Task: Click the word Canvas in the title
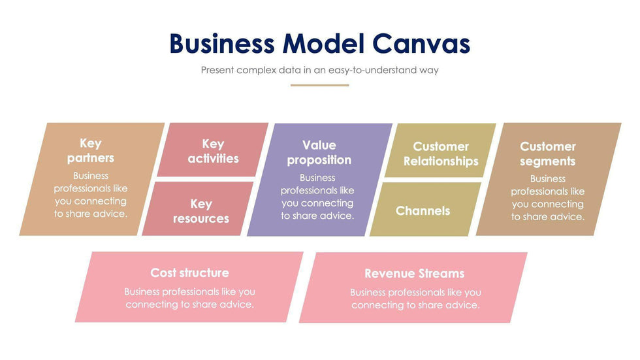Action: point(421,44)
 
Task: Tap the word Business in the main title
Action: point(222,44)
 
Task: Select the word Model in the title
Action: point(323,44)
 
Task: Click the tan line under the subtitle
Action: point(319,85)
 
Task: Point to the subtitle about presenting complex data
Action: point(319,70)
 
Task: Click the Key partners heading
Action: point(91,150)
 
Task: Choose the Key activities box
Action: point(213,151)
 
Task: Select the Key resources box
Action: point(200,211)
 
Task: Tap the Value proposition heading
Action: point(319,152)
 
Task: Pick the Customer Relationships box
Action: point(441,154)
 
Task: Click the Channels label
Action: point(423,210)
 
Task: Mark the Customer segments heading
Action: point(547,154)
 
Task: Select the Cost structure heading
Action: point(189,272)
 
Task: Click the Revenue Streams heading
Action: point(414,274)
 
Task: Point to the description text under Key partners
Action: point(91,195)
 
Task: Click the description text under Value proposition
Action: point(318,197)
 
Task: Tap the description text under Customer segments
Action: point(547,198)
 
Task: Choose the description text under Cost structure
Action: point(189,298)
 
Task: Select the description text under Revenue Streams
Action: point(415,299)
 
